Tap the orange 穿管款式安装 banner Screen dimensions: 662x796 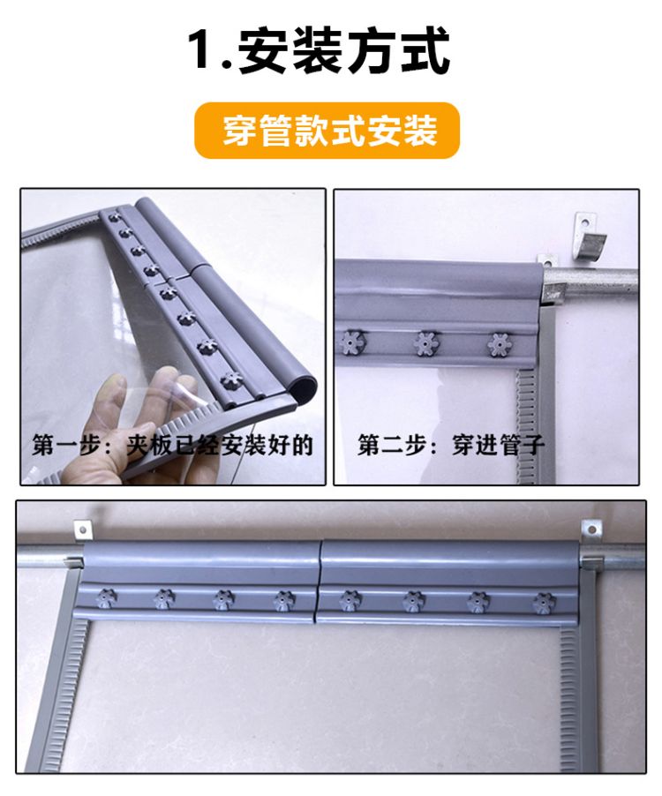tap(327, 130)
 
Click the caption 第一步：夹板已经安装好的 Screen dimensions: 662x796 tap(173, 445)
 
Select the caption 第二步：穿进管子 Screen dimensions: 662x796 tap(451, 445)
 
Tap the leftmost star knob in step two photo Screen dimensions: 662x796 tap(351, 342)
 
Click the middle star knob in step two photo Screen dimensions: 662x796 tap(428, 344)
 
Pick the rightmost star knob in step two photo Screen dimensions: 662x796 tap(500, 345)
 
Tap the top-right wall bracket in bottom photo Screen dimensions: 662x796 tap(591, 529)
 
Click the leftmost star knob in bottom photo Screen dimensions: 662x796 tap(106, 597)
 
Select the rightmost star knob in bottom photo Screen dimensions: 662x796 tap(543, 603)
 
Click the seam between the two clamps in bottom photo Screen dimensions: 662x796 tap(319, 582)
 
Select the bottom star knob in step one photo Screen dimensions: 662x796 tap(231, 379)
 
